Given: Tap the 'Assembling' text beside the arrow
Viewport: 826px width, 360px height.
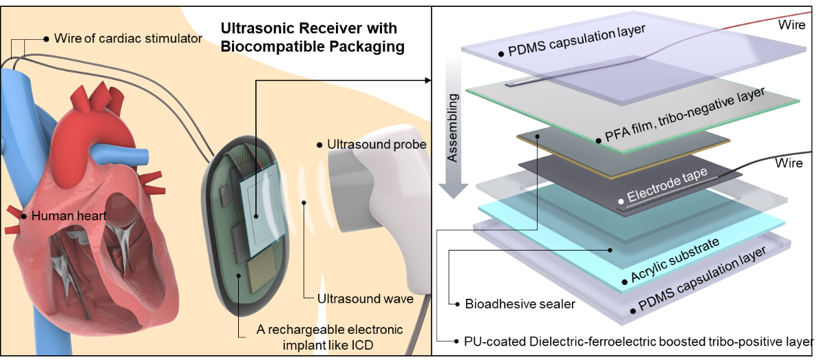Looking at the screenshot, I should click(x=451, y=127).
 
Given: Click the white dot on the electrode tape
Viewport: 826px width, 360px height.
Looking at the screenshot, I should click(x=621, y=201).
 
